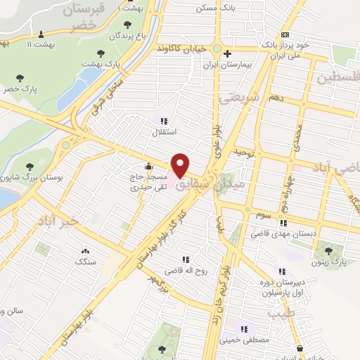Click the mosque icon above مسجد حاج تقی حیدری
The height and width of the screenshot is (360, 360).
coord(148,167)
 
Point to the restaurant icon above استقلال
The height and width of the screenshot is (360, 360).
coord(164,120)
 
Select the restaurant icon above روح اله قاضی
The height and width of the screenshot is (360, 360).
coord(186,259)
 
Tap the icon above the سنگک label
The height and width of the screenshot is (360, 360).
coord(86,251)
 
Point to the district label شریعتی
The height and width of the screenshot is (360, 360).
coord(240,96)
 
